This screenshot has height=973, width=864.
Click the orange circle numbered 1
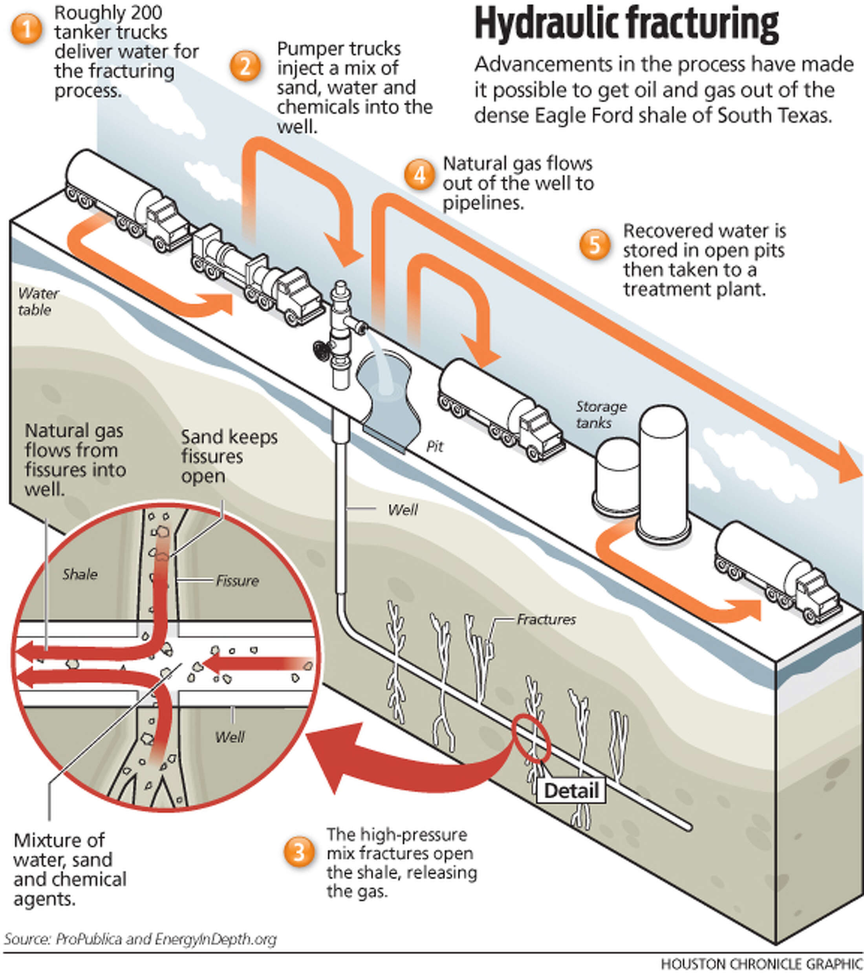tap(27, 29)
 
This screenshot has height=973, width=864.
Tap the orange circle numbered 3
tap(298, 851)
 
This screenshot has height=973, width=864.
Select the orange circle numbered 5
tap(595, 245)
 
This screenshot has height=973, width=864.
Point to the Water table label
tap(37, 301)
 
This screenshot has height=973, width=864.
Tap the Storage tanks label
tap(601, 414)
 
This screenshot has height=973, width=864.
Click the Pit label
tap(434, 446)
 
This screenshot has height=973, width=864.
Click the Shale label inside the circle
tap(80, 574)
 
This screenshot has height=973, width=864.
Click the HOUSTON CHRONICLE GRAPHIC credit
tap(761, 964)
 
